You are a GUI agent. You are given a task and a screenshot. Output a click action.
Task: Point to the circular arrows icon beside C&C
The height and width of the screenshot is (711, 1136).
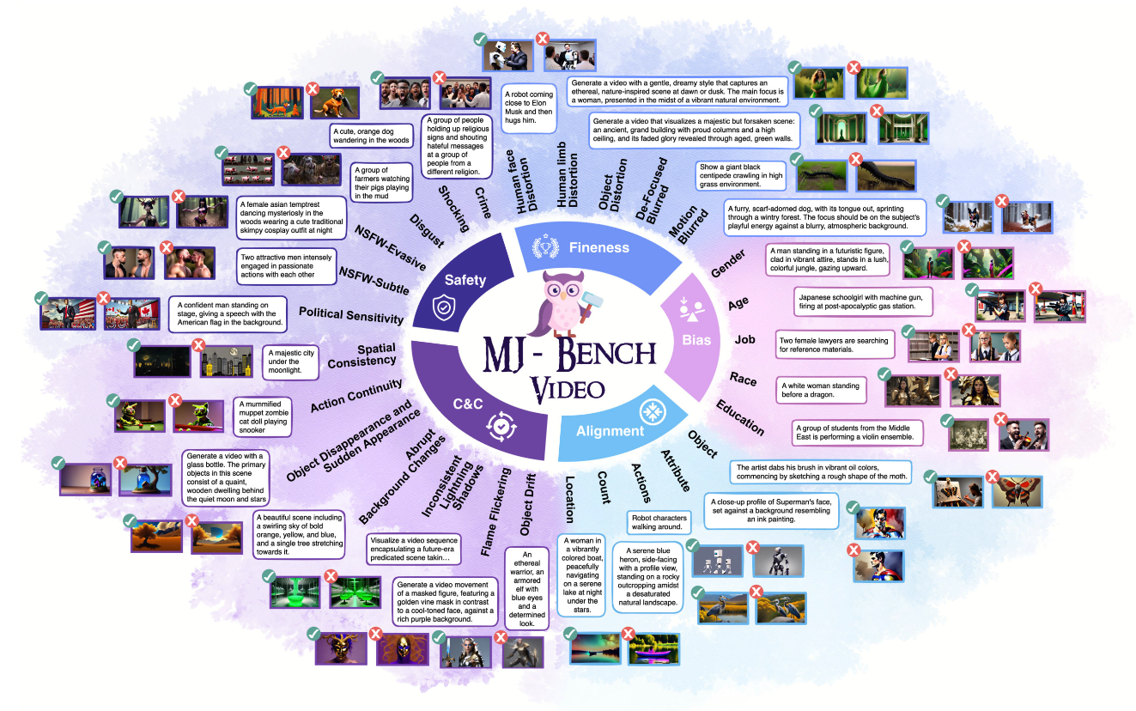point(499,424)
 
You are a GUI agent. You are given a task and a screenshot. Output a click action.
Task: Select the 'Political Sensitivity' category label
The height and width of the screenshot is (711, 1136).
point(350,315)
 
